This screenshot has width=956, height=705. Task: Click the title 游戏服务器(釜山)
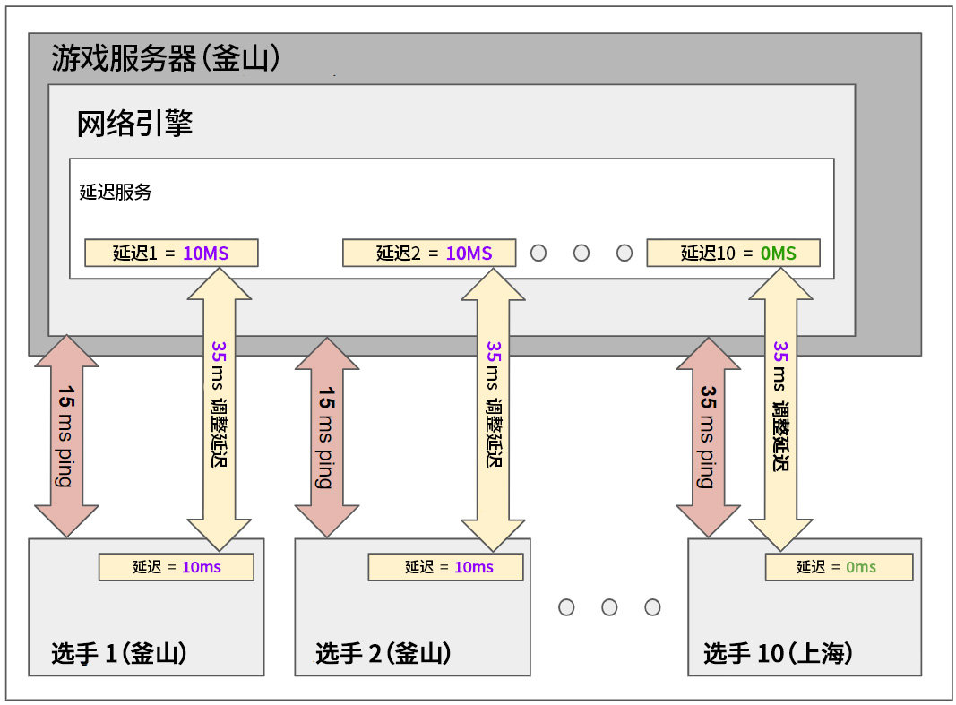pyautogui.click(x=167, y=59)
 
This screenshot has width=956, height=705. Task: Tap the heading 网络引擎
pyautogui.click(x=135, y=124)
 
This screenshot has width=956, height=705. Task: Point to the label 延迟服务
pyautogui.click(x=116, y=192)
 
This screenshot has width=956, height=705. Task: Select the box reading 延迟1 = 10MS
pyautogui.click(x=171, y=254)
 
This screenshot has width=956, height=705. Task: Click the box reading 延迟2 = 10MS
pyautogui.click(x=429, y=254)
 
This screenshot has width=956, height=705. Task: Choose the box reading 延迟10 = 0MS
pyautogui.click(x=734, y=254)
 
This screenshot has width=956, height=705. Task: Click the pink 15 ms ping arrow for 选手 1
pyautogui.click(x=67, y=436)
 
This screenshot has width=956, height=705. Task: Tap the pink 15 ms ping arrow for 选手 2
pyautogui.click(x=327, y=436)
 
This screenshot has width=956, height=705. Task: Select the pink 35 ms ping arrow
pyautogui.click(x=709, y=436)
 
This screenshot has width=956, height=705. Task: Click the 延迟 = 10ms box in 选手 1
pyautogui.click(x=177, y=567)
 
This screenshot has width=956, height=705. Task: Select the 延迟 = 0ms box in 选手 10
pyautogui.click(x=839, y=567)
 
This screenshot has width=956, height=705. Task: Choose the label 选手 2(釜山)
pyautogui.click(x=383, y=654)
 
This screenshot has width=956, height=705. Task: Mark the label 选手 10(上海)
pyautogui.click(x=778, y=654)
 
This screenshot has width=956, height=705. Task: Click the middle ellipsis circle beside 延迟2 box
pyautogui.click(x=581, y=254)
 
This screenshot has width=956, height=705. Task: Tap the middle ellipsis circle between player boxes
pyautogui.click(x=609, y=607)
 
